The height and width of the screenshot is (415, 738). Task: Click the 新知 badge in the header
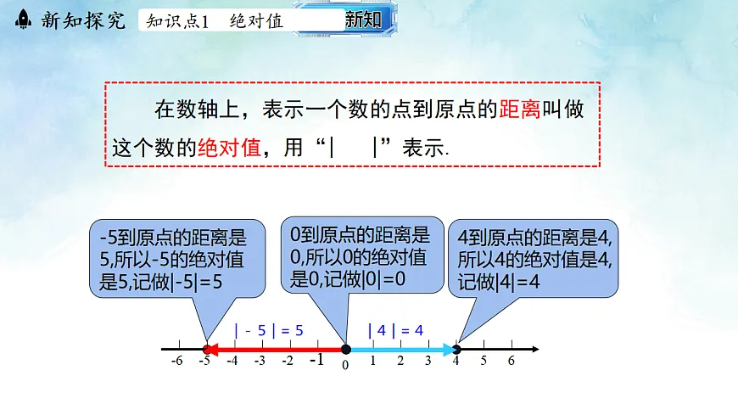coord(363,20)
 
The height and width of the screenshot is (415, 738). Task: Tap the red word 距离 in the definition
coord(520,109)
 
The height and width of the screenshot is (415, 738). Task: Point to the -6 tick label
coord(177,361)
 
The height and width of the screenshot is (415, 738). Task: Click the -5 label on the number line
coord(204,361)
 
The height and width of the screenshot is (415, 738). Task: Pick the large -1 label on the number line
coord(316,360)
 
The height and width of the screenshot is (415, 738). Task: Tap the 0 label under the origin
coord(345,364)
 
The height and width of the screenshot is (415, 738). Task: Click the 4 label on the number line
coord(456,361)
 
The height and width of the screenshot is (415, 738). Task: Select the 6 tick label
coord(511,361)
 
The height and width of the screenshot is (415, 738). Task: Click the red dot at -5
coord(208,348)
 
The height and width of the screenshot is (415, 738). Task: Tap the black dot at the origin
coord(345,348)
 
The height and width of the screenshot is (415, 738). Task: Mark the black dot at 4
coord(456,348)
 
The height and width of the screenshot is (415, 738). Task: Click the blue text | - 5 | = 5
coord(269,330)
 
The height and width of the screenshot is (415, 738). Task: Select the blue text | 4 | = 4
coord(395,330)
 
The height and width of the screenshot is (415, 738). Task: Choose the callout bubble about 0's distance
coord(362,255)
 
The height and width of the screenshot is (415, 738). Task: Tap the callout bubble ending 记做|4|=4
coord(534,260)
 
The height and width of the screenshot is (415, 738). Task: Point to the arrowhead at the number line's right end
coord(534,348)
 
